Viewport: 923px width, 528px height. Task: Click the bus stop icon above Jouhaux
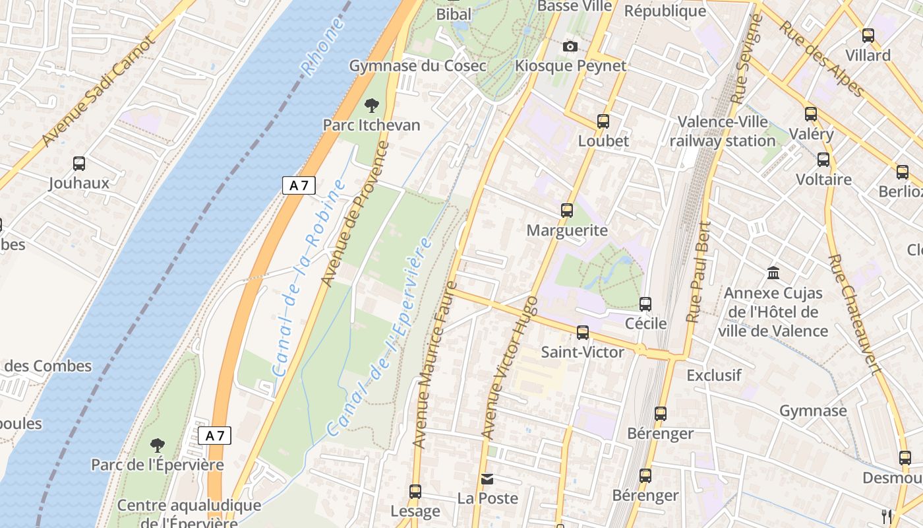79,163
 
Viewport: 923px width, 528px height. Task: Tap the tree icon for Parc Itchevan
372,105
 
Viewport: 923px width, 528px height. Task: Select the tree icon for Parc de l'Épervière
157,445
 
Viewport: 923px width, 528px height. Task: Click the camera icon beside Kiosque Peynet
570,46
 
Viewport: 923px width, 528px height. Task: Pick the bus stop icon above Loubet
603,121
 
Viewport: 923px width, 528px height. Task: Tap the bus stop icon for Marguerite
566,211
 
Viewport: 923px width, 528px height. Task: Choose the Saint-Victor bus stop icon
583,332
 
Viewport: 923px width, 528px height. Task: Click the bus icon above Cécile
645,304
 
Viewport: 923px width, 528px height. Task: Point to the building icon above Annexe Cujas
773,273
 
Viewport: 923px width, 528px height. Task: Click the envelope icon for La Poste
487,478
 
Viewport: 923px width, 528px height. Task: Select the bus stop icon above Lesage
415,491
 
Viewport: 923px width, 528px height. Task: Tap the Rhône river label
322,46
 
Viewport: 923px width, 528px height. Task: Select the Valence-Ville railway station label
723,131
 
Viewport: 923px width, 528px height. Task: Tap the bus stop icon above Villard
868,36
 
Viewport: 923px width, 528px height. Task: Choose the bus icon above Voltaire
823,160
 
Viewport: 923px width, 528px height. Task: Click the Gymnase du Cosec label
417,66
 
